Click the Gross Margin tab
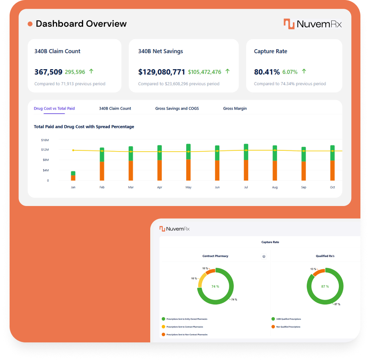click(235, 108)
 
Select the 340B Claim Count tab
click(115, 108)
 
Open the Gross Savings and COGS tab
click(177, 108)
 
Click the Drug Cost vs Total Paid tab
click(54, 108)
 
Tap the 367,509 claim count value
click(48, 72)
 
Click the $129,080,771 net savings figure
click(161, 72)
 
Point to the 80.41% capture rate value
click(267, 72)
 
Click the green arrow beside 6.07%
click(304, 71)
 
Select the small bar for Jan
click(73, 176)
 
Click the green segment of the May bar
click(189, 152)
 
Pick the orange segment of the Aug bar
click(275, 171)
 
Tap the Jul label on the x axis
click(246, 187)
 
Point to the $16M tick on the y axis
click(45, 140)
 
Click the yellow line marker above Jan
click(73, 150)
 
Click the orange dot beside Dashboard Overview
click(30, 24)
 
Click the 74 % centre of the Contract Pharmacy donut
click(215, 286)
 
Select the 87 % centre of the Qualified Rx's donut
click(325, 286)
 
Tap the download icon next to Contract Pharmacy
click(264, 256)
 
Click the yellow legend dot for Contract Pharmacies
click(163, 327)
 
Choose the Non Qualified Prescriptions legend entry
click(288, 327)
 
